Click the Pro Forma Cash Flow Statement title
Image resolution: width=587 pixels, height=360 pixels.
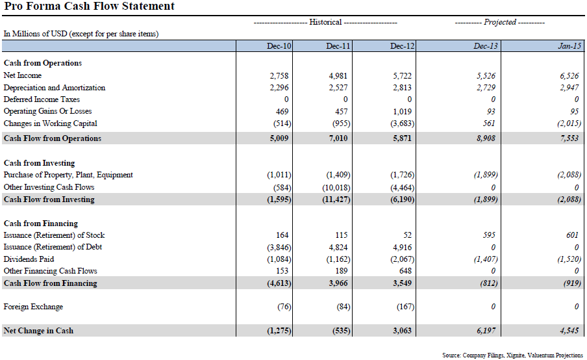pos(90,6)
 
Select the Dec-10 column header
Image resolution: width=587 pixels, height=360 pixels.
pos(279,46)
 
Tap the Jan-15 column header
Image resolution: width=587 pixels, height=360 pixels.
pos(570,46)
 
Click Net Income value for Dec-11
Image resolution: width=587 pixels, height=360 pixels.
pos(338,76)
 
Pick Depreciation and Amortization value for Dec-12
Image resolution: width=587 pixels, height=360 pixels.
pos(403,88)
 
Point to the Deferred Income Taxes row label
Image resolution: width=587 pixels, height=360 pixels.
pos(42,99)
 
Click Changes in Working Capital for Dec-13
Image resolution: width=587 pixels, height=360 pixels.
pos(489,123)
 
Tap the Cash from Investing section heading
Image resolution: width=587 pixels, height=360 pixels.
pos(39,163)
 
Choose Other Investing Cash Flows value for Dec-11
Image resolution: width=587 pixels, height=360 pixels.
pos(338,187)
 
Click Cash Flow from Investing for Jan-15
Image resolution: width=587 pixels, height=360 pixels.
pos(567,199)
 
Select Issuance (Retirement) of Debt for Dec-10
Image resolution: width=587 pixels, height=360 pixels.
pos(279,247)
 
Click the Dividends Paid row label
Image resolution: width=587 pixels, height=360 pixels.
pos(29,259)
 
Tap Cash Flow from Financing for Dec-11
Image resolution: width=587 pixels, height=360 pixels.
pos(338,283)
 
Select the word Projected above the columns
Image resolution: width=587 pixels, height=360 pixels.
pos(499,22)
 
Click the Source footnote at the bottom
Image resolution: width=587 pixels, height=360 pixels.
pos(512,355)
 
